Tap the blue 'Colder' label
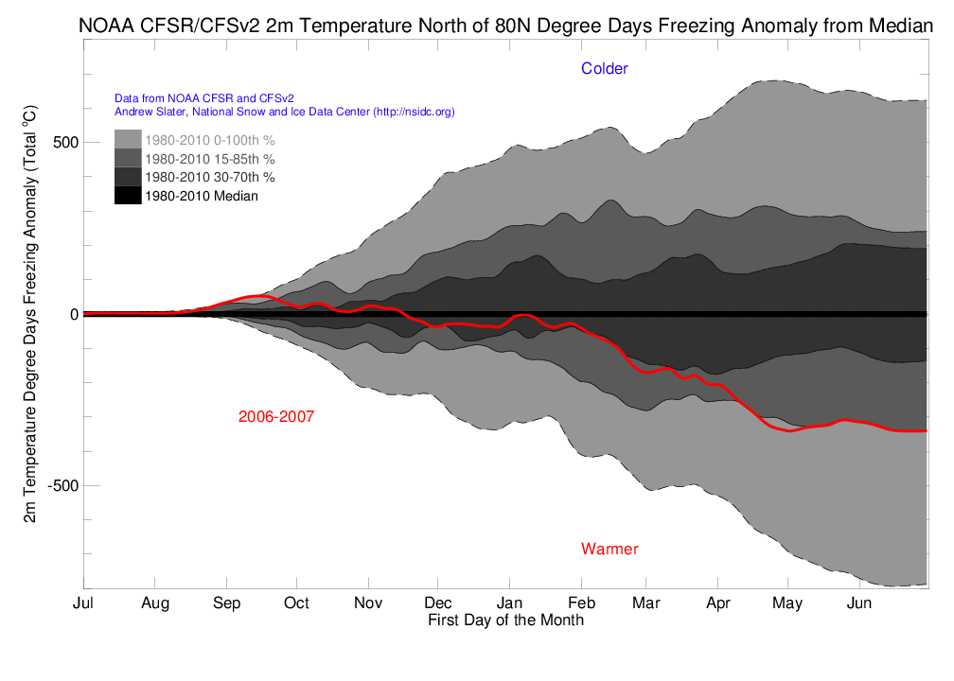605,68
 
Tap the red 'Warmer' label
609,549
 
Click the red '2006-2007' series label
276,416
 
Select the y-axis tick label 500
65,143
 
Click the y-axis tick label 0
72,314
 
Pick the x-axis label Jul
83,603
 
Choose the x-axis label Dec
438,603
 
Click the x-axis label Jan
509,603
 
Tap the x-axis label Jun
858,603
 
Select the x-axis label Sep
226,603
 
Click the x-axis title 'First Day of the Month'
505,620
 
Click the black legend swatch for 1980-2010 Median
128,196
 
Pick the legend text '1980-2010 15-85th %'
205,158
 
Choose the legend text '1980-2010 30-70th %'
205,177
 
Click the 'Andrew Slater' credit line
284,112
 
